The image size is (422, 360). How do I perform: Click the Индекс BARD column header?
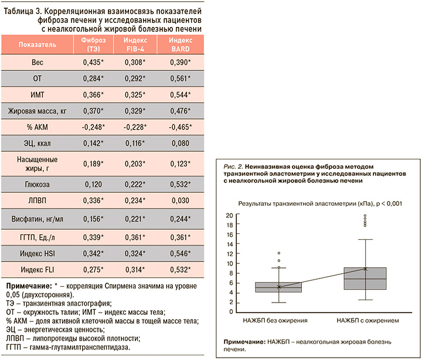point(181,45)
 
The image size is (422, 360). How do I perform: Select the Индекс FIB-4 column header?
point(135,45)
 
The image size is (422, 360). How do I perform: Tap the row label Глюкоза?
point(37,185)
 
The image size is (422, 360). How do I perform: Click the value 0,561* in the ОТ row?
point(181,79)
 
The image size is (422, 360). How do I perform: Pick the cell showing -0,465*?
point(181,127)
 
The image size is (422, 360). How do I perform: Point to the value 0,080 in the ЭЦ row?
point(181,143)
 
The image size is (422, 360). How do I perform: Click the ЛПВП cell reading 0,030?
point(181,201)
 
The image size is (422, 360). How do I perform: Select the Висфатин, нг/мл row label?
point(37,219)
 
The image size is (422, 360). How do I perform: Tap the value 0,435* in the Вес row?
point(93,62)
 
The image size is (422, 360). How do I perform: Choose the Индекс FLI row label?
point(37,270)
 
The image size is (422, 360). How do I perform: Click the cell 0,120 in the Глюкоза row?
point(93,185)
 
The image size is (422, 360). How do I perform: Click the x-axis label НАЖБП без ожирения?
point(275,320)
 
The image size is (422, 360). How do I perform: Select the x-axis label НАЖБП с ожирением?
point(367,320)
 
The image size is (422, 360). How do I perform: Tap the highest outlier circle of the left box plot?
point(279,253)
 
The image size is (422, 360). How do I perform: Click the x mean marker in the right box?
point(365,269)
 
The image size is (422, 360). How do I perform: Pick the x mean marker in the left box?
point(279,287)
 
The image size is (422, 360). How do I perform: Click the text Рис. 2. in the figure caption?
point(233,167)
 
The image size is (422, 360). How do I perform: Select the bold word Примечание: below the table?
point(29,286)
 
